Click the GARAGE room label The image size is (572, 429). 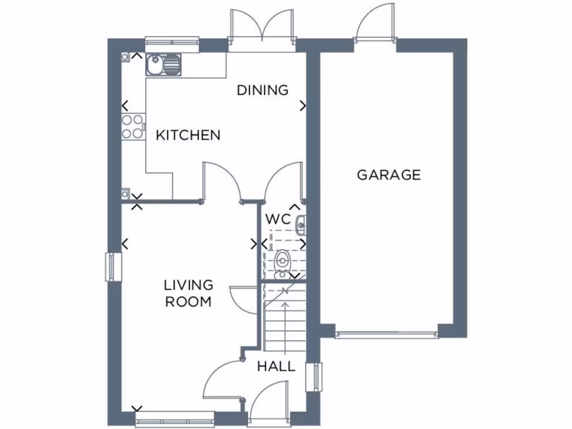coord(389,175)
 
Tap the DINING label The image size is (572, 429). coord(263,90)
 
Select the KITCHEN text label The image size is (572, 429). coord(188,135)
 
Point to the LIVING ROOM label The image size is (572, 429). coord(188,293)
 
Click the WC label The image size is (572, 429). coord(278,218)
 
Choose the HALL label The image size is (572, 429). coord(276,366)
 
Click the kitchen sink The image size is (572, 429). coord(164,65)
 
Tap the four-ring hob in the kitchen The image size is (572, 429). coord(132,126)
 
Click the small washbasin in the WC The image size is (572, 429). coord(301,225)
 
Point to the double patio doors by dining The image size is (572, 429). coord(262,31)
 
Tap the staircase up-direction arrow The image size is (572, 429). coord(285,318)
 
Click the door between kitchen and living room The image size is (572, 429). coord(222,182)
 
